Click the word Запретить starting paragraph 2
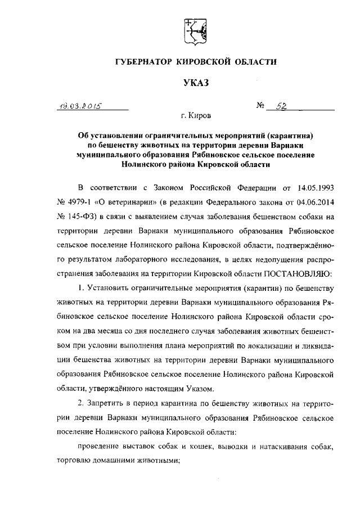pos(109,403)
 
